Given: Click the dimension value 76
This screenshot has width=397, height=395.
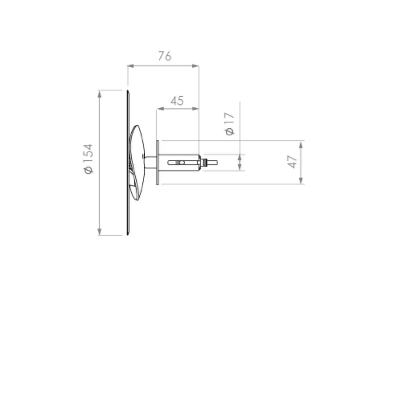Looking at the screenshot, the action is (x=165, y=56).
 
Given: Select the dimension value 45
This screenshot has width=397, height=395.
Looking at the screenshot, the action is (x=177, y=101).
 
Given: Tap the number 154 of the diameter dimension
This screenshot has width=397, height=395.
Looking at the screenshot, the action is (x=88, y=154).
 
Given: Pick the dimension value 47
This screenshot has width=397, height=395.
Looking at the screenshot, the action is (x=292, y=162).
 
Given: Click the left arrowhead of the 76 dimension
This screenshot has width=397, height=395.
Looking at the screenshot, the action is (x=131, y=66).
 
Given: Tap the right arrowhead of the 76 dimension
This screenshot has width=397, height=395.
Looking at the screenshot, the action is (x=196, y=66).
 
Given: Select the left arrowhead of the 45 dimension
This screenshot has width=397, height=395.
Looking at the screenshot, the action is (x=160, y=109).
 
